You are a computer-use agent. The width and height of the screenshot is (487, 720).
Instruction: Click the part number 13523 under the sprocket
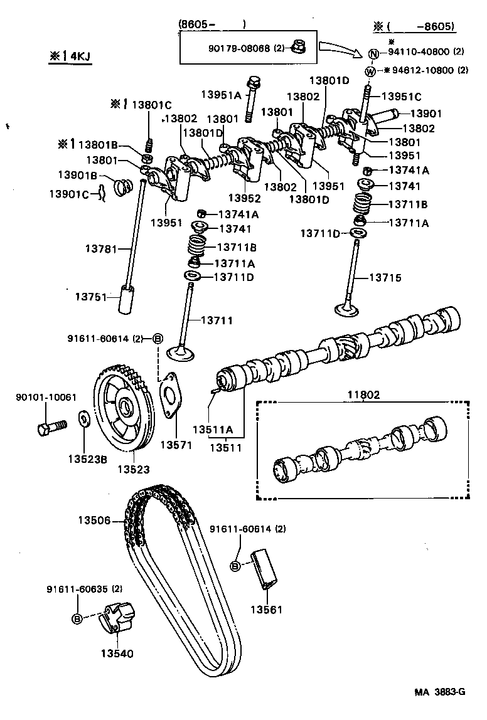133,469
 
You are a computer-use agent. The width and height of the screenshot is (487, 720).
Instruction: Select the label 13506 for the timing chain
94,520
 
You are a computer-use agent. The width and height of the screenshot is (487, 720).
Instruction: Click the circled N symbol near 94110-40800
372,53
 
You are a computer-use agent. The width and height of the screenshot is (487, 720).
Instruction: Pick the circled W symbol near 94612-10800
370,71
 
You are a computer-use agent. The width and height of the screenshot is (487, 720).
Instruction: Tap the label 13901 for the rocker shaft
426,114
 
